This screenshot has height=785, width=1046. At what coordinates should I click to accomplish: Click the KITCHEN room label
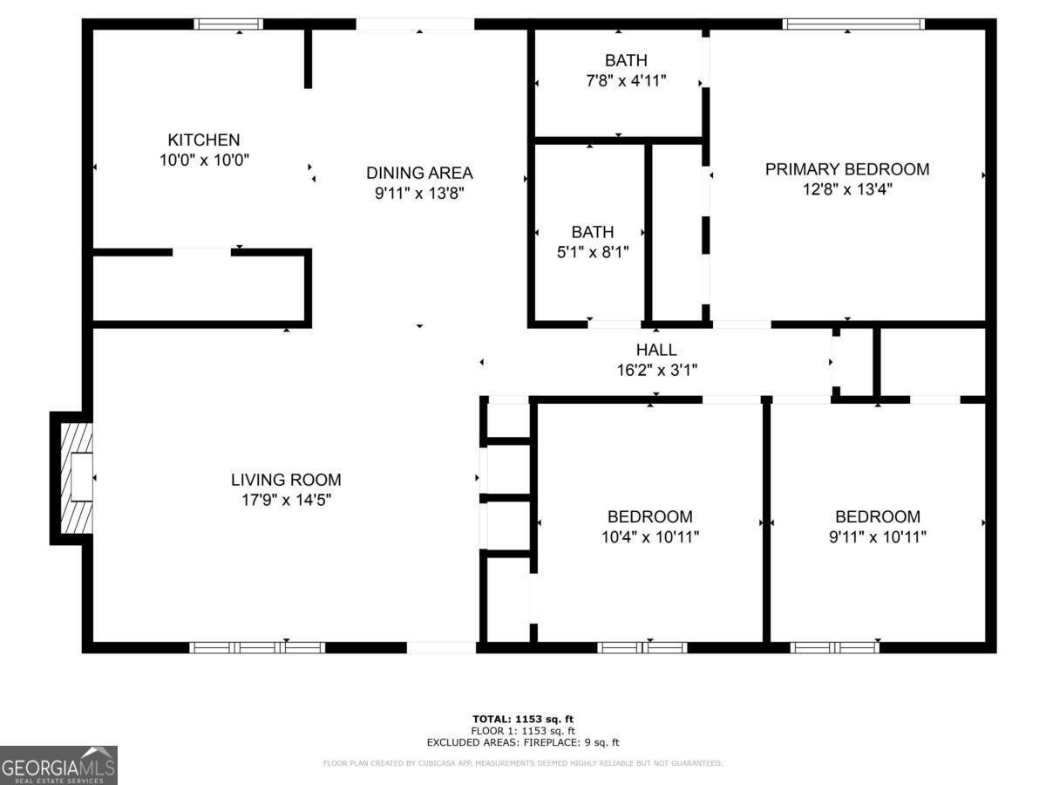[203, 140]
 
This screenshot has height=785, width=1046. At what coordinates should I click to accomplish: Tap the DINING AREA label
[419, 173]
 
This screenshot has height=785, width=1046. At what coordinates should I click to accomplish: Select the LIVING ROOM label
[286, 480]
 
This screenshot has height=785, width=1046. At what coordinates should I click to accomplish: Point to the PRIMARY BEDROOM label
[846, 169]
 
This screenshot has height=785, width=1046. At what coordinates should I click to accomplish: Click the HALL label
[656, 350]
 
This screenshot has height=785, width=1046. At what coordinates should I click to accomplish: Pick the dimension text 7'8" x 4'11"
[626, 80]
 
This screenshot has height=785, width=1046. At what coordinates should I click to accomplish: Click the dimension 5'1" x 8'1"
[592, 252]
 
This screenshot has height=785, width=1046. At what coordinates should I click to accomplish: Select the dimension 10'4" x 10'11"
[649, 536]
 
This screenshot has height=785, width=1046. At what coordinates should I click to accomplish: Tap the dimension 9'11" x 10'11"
[877, 536]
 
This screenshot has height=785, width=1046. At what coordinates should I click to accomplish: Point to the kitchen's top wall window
[228, 24]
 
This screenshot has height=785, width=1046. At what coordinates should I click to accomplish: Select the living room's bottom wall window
[257, 647]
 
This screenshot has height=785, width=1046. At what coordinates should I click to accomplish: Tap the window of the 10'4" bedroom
[642, 647]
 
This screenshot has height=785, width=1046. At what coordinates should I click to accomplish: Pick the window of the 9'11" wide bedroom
[834, 647]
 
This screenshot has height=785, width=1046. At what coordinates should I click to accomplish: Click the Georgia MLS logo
[58, 765]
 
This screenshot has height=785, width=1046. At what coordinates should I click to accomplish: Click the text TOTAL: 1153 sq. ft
[523, 719]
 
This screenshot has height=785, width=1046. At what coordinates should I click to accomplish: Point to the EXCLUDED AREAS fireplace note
[523, 742]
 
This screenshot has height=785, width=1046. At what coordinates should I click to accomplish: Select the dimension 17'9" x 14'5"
[286, 500]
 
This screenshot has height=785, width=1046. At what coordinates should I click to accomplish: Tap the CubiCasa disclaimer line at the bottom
[523, 763]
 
